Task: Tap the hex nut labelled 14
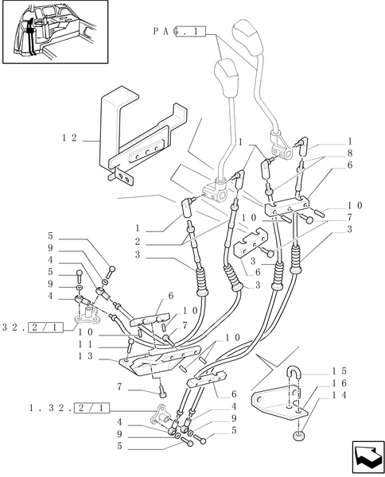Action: tap(298, 437)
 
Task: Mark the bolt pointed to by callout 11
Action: tap(130, 344)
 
